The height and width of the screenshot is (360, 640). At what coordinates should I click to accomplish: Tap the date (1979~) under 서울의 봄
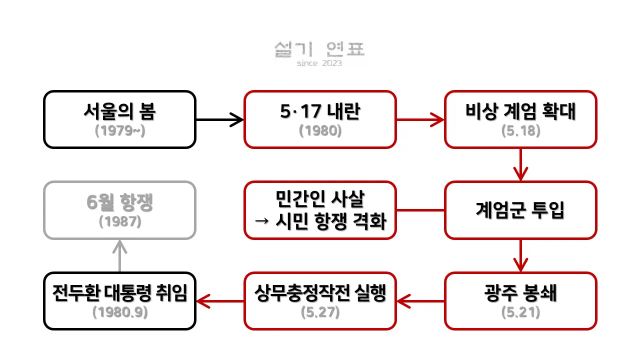tap(119, 130)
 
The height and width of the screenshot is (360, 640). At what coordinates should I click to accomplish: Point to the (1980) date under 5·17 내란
tap(320, 130)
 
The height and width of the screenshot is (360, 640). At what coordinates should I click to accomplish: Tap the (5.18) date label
tap(520, 130)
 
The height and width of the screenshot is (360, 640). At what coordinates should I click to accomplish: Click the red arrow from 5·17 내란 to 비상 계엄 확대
tap(420, 119)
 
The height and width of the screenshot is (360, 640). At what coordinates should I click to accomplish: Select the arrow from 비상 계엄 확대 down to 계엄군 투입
tap(520, 164)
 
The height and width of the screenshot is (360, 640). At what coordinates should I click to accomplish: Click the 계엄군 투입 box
tap(520, 210)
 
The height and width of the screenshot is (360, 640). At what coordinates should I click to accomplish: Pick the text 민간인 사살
tap(320, 200)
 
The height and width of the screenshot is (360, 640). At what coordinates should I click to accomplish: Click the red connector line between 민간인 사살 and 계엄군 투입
tap(420, 210)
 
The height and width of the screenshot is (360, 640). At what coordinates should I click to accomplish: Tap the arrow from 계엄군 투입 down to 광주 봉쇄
tap(520, 255)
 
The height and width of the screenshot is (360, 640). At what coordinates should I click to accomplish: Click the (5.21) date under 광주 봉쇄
tap(520, 312)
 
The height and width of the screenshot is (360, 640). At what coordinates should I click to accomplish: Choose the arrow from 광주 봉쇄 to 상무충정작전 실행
tap(420, 301)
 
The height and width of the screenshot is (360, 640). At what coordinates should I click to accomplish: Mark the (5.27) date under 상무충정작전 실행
tap(320, 312)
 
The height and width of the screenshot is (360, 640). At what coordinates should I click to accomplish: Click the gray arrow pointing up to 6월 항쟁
tap(119, 255)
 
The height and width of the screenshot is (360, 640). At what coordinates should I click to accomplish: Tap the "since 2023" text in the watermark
tap(319, 63)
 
